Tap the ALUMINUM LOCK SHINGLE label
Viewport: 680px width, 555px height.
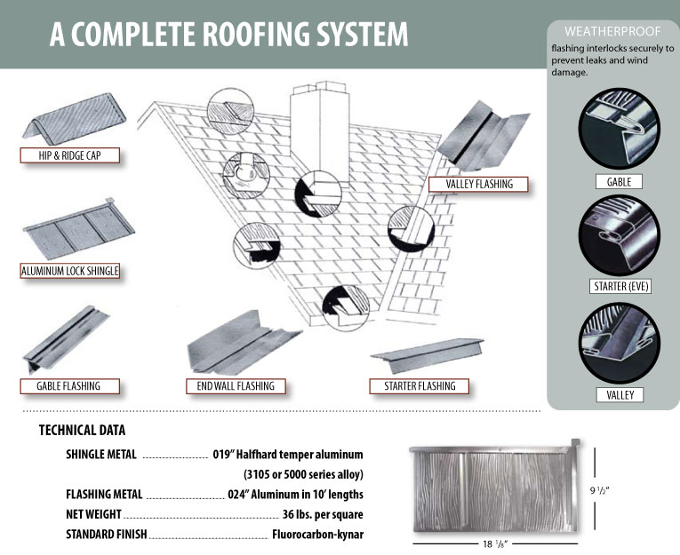tap(69, 271)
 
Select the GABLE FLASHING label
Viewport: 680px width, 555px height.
tap(68, 386)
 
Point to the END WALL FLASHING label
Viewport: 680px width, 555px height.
tap(236, 386)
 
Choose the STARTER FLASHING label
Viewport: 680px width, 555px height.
tap(420, 386)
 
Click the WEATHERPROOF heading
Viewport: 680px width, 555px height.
tap(612, 31)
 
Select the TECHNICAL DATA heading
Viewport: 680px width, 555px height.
tap(82, 431)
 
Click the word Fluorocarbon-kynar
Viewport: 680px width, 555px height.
tap(318, 535)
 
